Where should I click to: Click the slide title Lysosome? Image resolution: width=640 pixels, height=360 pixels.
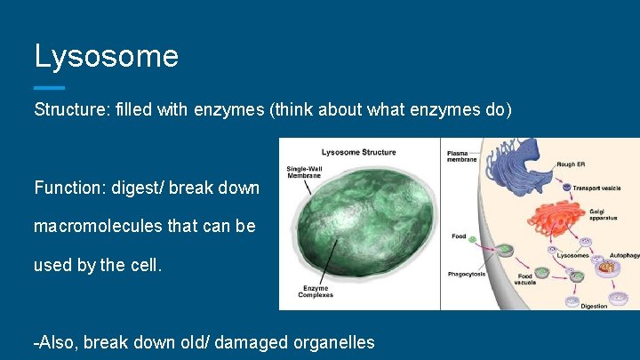(106, 56)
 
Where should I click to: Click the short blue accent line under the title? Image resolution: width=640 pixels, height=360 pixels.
(49, 87)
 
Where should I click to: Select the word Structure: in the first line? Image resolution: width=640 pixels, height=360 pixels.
(71, 111)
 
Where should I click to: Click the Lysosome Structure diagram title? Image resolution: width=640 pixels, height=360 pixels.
(358, 152)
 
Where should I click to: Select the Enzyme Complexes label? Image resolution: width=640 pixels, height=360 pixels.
(315, 292)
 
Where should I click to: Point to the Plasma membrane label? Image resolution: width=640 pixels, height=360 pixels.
(461, 156)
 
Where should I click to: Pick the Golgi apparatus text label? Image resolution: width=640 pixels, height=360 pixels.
(605, 214)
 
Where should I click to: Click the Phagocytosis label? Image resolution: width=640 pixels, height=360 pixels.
(468, 273)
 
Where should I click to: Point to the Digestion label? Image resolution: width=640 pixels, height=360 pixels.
(594, 306)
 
